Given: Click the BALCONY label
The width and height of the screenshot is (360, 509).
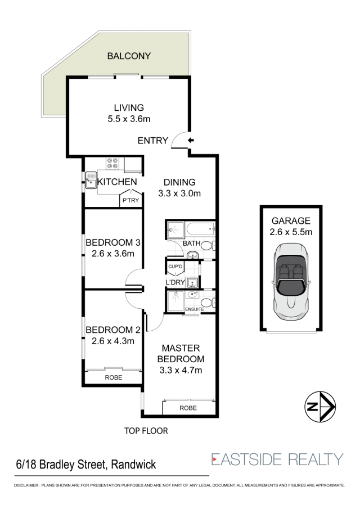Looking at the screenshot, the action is point(129,56).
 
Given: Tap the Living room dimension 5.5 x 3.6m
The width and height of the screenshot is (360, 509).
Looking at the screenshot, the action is point(129,119).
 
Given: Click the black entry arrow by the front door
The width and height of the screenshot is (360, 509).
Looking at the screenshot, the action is point(191,140).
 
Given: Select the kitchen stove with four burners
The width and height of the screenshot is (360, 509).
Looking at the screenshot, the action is point(112,163).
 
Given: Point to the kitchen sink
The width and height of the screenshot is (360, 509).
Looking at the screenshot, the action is point(91,180).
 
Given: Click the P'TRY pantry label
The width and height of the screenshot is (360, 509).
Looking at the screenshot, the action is point(130,201).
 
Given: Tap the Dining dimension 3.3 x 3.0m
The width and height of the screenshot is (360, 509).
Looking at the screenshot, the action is point(179,193).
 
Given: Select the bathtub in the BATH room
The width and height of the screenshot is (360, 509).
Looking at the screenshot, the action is point(200,230).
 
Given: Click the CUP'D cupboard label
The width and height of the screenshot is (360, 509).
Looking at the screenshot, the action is point(175,267).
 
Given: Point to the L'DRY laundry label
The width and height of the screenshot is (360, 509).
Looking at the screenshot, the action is point(175,282).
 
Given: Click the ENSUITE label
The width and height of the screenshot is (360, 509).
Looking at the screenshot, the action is point(195,309).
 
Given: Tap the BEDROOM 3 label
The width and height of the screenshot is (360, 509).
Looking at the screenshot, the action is point(113,242).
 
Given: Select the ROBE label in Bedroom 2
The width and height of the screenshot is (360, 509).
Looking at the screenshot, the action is point(114,377).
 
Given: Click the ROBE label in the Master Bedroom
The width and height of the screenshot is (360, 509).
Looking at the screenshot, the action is point(188,408).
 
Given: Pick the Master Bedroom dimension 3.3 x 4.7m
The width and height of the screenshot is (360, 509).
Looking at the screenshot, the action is point(181,370).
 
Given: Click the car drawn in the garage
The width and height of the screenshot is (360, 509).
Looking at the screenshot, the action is point(291,281).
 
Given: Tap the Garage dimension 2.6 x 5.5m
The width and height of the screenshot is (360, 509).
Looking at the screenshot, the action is point(291,232).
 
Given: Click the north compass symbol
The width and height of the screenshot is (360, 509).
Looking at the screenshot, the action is point(319,407).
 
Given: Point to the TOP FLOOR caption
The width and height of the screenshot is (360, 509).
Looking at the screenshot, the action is point(146,431).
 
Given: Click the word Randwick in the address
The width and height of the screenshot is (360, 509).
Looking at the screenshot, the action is point(133,465).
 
